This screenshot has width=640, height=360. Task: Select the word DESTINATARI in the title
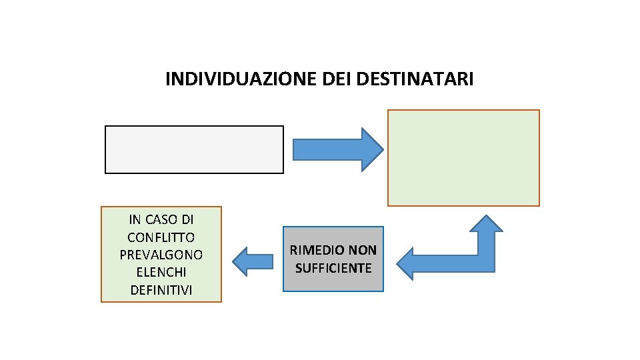pos(415,80)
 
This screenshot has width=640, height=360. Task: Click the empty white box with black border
pos(194,149)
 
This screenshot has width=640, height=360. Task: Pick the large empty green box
pos(463,158)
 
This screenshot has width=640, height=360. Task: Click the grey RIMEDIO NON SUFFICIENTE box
pos(333,259)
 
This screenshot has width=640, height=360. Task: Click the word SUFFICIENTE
pos(333,268)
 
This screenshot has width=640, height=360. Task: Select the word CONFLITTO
pos(161,237)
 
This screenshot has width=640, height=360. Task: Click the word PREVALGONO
pos(161,255)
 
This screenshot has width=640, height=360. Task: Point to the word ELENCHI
pos(161,272)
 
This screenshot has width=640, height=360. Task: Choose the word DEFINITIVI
pos(161,290)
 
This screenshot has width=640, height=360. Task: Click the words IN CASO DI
pos(161,219)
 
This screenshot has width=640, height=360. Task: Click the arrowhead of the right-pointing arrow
pos(371,149)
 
